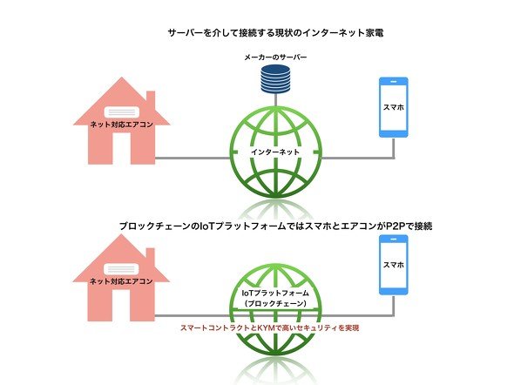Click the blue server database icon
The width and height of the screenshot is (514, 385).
pos(275,78)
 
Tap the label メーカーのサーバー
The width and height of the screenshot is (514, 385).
pos(275,57)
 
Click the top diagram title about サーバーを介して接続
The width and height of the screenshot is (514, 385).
pos(275,33)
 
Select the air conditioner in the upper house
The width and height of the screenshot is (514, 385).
pos(122,111)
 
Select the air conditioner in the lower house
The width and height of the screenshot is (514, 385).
pos(121,269)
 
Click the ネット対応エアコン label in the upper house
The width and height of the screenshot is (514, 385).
pos(122,125)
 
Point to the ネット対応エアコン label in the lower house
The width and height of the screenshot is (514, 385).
pos(121,281)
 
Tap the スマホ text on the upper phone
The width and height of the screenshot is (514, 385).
pos(394,107)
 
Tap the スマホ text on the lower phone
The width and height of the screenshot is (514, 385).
pos(394,265)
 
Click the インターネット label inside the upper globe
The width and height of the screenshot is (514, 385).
pos(275,152)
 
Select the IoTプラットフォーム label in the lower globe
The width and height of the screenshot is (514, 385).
pos(275,293)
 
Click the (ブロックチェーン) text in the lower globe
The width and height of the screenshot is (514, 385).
pos(275,304)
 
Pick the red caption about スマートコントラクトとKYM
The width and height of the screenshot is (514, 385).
pos(269,328)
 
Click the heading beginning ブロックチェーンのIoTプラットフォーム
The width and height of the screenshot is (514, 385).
pos(275,226)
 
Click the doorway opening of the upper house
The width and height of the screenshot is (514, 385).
pos(122,148)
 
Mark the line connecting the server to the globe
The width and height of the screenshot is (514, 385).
pos(275,99)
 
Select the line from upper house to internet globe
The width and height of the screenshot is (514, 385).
pos(193,159)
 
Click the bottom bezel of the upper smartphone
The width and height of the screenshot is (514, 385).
pos(394,134)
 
